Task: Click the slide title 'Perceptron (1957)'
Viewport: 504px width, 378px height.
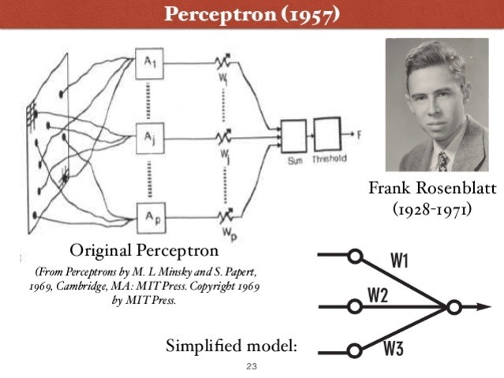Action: [x=252, y=13]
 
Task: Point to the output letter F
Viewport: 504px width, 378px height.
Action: [x=359, y=135]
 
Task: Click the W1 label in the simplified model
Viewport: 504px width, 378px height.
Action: [x=401, y=261]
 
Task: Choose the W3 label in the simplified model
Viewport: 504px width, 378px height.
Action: [x=394, y=347]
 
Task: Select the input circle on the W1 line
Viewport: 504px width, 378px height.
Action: [x=355, y=256]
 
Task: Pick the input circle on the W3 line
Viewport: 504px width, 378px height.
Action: [x=355, y=351]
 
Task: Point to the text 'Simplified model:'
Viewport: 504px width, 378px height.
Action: [x=232, y=345]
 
